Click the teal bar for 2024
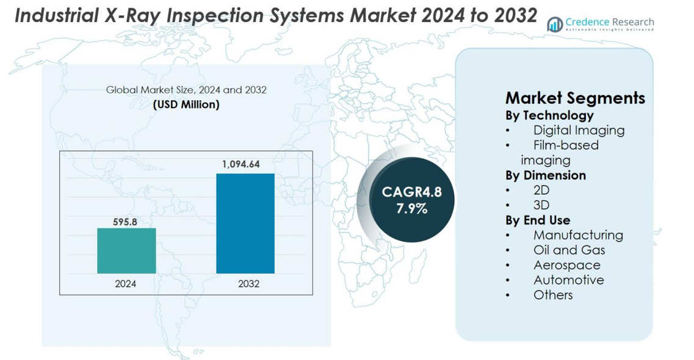click(126, 251)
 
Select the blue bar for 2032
click(245, 223)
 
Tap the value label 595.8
click(125, 222)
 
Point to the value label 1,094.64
click(245, 164)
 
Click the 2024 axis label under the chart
click(126, 284)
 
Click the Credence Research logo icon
click(555, 24)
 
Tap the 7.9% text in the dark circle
click(411, 208)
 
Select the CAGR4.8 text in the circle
click(411, 192)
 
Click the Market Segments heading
click(575, 98)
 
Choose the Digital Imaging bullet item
click(579, 130)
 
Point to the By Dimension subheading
click(545, 175)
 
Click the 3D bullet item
click(541, 205)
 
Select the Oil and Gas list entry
click(569, 250)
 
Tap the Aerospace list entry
click(566, 265)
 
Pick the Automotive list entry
click(568, 280)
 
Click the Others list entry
click(553, 295)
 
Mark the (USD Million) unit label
click(186, 104)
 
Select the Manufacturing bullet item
click(578, 235)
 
